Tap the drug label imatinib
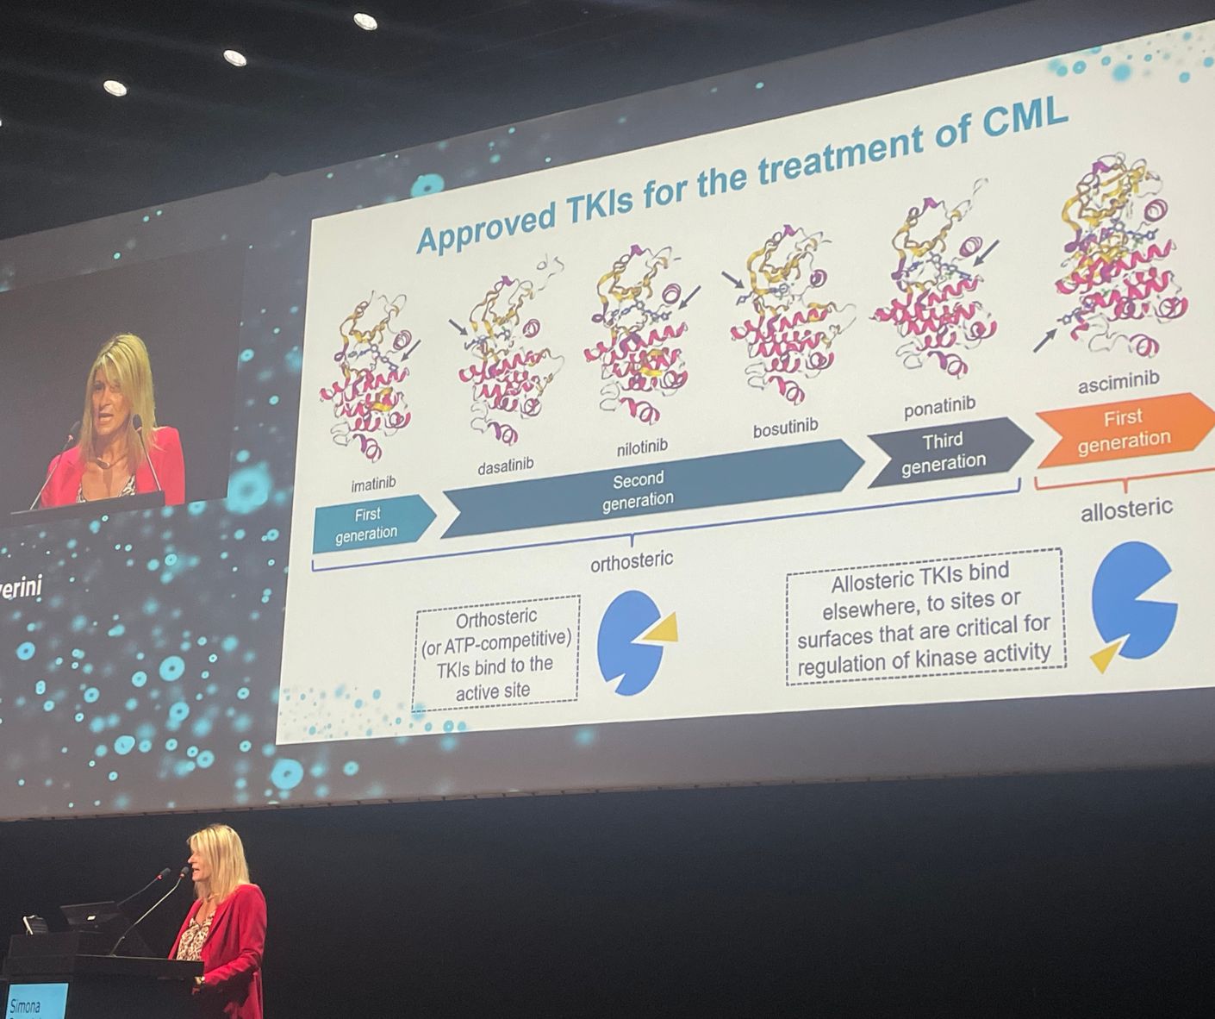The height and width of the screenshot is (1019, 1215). click(x=373, y=484)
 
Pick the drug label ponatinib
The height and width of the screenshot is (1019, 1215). click(x=939, y=406)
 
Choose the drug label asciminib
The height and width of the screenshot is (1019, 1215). click(x=1118, y=380)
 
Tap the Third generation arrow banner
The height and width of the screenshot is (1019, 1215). click(x=944, y=453)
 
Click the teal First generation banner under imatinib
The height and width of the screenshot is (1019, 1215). click(x=368, y=523)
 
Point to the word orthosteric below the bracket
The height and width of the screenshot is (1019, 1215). click(x=632, y=561)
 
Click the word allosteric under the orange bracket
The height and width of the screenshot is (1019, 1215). click(x=1126, y=510)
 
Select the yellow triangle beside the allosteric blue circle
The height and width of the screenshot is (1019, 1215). click(x=1106, y=654)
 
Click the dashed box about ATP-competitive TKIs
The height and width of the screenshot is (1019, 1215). click(x=496, y=653)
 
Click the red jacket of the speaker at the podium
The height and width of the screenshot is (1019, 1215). click(x=233, y=940)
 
